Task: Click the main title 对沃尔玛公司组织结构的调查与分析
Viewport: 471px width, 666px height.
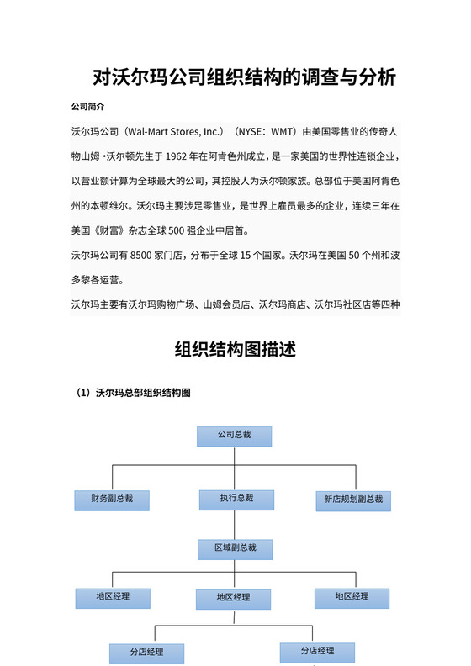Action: pos(244,78)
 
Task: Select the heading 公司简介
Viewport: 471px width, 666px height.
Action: pos(87,108)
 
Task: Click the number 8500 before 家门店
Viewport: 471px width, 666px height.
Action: pos(151,254)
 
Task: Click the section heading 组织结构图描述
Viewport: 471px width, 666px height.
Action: pos(235,349)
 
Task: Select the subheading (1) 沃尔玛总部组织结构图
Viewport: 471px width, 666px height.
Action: pos(133,393)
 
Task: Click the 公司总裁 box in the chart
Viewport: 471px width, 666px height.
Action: pos(234,436)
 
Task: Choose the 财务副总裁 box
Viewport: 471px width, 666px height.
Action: pos(112,499)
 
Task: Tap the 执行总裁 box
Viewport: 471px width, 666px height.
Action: pos(236,499)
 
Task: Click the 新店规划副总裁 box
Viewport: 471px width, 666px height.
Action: pos(353,499)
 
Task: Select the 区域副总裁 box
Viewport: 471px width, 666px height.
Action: pos(235,548)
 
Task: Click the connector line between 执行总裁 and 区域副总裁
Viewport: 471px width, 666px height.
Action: pos(235,525)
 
